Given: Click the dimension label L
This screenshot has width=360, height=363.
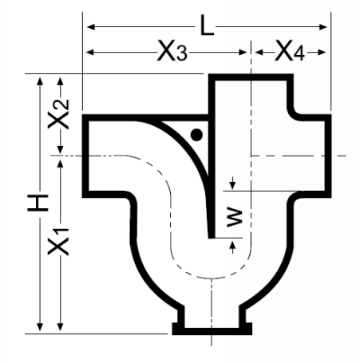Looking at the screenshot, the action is pyautogui.click(x=207, y=26).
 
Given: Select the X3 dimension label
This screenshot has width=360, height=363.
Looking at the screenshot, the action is pyautogui.click(x=172, y=50).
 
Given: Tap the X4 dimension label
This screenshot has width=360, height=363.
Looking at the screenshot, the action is pyautogui.click(x=290, y=50).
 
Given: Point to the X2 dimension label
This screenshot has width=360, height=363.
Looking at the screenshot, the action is pyautogui.click(x=58, y=114).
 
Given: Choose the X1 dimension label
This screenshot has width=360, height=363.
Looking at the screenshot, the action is pyautogui.click(x=58, y=242).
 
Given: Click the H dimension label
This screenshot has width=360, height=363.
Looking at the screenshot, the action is pyautogui.click(x=38, y=203).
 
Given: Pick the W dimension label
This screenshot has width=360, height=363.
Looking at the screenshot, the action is pyautogui.click(x=235, y=218).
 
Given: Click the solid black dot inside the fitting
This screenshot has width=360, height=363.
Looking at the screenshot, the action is pyautogui.click(x=196, y=135).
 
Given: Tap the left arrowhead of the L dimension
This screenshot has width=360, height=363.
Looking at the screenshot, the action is pyautogui.click(x=91, y=27).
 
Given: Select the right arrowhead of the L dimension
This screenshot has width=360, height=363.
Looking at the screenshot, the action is pyautogui.click(x=322, y=27).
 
